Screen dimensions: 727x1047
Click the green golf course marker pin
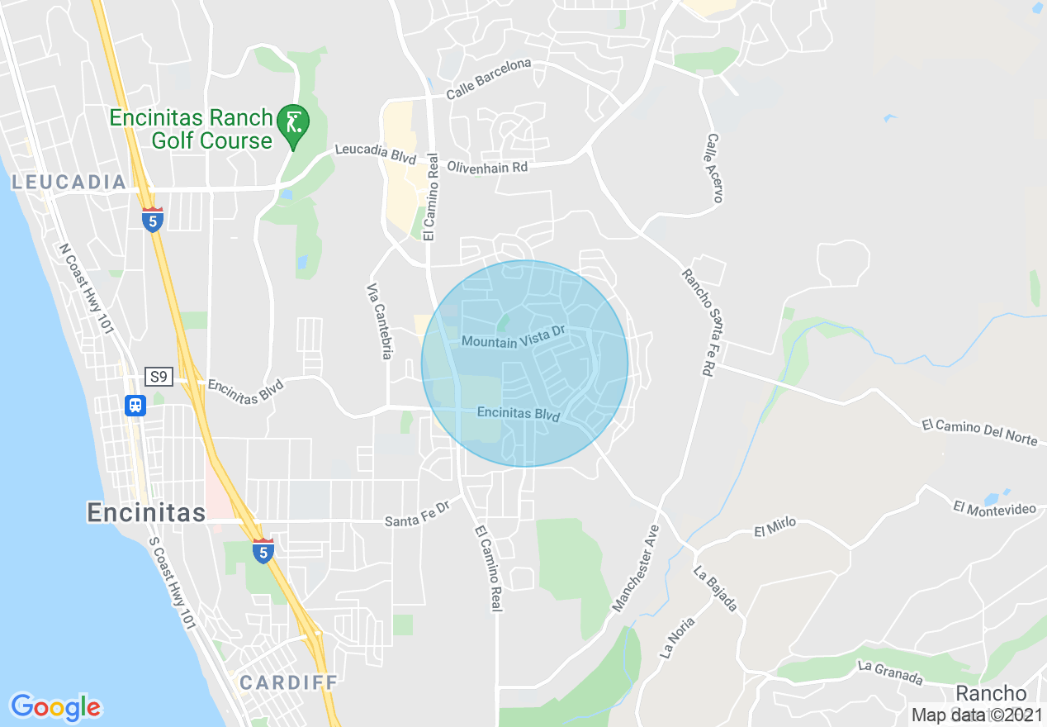[292, 123]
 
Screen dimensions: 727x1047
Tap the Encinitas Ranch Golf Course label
[191, 129]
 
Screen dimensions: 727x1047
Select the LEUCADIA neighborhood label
[69, 183]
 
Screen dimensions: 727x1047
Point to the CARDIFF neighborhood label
[289, 682]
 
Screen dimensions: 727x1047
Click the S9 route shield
[159, 378]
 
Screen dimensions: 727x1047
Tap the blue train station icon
[135, 406]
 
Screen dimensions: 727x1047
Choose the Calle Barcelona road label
[489, 79]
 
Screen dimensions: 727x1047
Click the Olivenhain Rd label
[487, 167]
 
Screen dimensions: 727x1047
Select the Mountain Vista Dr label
[513, 336]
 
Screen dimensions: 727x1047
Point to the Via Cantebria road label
[379, 321]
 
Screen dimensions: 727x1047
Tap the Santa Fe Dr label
[416, 517]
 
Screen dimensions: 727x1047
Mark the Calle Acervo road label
[714, 169]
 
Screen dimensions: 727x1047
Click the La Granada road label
[889, 672]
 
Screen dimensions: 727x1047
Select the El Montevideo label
[994, 506]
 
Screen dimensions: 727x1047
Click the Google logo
[56, 707]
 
